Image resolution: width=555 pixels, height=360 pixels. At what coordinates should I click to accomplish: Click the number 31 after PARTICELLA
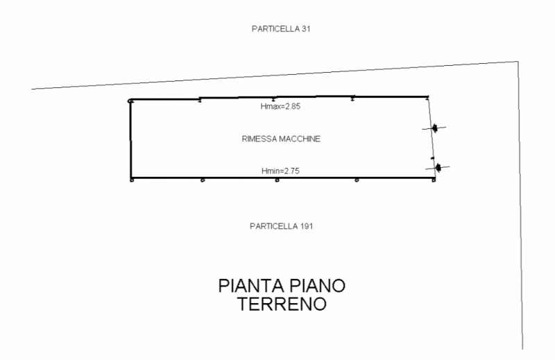[306, 29]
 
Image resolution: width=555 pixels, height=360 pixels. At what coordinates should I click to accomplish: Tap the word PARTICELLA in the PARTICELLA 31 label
[276, 29]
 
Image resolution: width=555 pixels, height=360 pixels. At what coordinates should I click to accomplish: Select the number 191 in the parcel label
[307, 226]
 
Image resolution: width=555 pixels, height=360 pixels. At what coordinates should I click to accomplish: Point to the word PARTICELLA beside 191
[274, 226]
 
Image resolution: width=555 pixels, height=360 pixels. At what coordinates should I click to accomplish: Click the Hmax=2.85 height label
[280, 106]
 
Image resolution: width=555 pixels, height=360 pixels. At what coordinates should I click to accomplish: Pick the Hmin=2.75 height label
[280, 171]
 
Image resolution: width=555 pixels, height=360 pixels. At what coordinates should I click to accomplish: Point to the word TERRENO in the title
[282, 304]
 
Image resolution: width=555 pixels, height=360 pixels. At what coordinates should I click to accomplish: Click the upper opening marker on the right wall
[434, 128]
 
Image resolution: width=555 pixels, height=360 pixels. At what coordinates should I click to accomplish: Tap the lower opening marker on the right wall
[438, 167]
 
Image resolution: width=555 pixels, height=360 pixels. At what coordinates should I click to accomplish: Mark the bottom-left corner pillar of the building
[132, 180]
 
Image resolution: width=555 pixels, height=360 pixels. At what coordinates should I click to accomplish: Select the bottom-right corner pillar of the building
[434, 180]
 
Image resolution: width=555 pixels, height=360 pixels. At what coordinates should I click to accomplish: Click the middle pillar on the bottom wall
[277, 180]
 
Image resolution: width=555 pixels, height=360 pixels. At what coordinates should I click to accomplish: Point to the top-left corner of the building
[130, 101]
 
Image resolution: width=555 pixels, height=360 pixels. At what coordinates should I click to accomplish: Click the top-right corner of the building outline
[428, 96]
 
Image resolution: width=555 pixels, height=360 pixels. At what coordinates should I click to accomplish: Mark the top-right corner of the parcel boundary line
[518, 62]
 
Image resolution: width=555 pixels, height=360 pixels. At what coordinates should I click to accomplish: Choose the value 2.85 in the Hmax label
[293, 106]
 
